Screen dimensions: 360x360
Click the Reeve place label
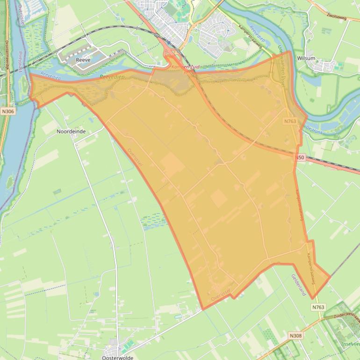83,60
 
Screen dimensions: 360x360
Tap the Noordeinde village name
71,131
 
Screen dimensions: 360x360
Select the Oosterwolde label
117,357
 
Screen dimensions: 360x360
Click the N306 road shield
7,112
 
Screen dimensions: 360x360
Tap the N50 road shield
300,158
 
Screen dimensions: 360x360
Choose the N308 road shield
295,336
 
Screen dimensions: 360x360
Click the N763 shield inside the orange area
290,121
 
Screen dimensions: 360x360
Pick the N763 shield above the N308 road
318,307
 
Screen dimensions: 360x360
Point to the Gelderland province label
298,285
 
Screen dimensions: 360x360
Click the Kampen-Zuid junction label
186,67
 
